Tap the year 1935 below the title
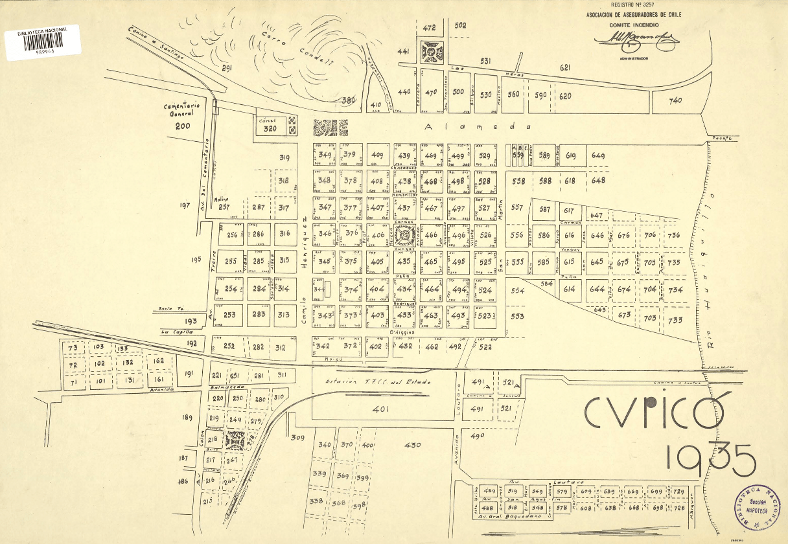[710, 460]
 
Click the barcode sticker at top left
[43, 41]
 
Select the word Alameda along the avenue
[476, 127]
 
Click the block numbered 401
[380, 409]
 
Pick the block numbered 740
[675, 100]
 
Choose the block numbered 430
[412, 445]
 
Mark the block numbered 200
[183, 126]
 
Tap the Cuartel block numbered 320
[270, 128]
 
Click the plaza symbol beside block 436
[405, 234]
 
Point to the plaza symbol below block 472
[430, 51]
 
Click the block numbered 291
[227, 68]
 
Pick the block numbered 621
[565, 67]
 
